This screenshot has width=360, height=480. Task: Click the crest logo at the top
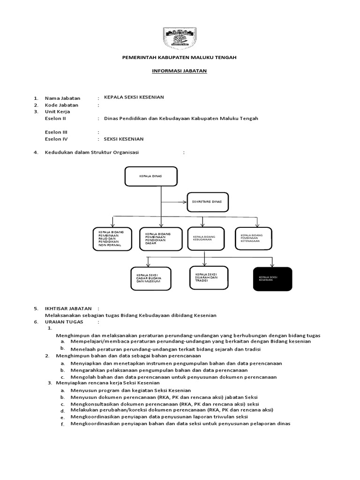point(180,37)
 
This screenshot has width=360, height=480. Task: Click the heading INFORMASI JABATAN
point(180,71)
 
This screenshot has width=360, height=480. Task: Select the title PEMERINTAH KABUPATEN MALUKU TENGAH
point(180,57)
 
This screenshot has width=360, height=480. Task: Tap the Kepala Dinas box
point(151,177)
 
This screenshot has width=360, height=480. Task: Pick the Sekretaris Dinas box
point(207,202)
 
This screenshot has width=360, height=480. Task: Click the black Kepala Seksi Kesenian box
point(272,279)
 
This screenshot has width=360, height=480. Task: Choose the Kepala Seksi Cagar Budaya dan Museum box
point(151,280)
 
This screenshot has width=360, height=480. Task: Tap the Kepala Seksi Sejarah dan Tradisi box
point(209,277)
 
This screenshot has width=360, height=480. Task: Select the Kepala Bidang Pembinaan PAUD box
point(112,239)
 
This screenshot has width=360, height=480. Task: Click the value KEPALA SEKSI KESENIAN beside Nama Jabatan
point(134,97)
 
